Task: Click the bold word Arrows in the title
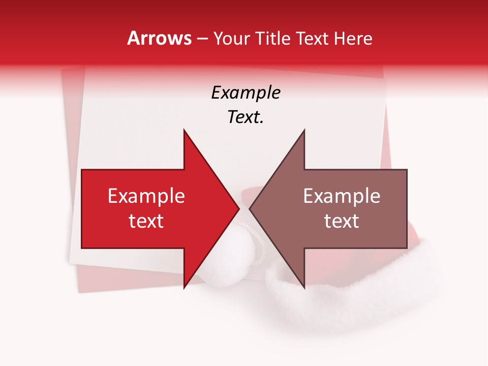[x=160, y=38]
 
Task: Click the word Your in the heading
[x=234, y=38]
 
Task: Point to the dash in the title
[x=202, y=39]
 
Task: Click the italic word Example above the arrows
[x=246, y=93]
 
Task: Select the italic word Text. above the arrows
[x=246, y=117]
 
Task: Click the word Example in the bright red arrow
[x=146, y=196]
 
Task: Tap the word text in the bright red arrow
[x=146, y=221]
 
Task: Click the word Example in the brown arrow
[x=342, y=196]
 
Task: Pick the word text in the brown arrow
[x=342, y=221]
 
